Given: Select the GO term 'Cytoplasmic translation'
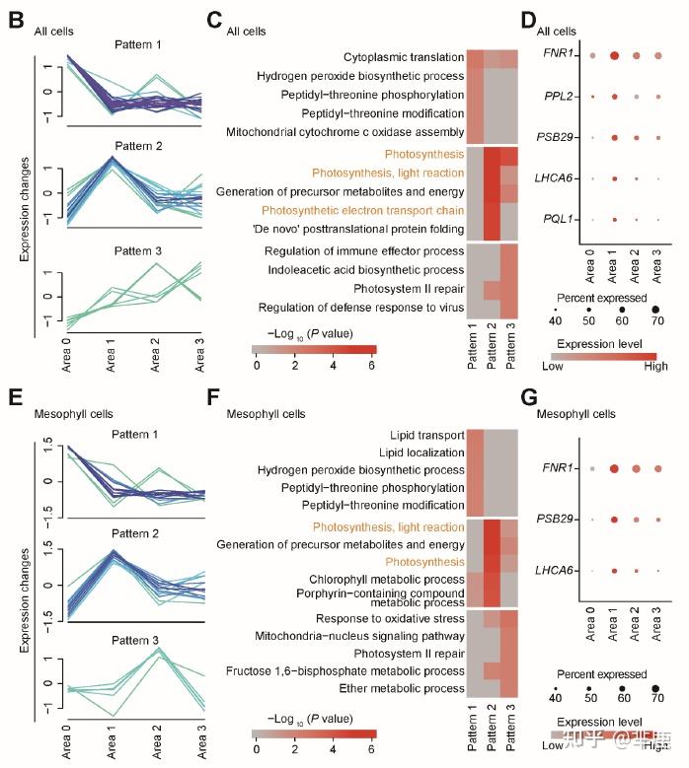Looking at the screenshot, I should point(404,58).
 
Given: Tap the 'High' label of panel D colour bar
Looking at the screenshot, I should point(652,366).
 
